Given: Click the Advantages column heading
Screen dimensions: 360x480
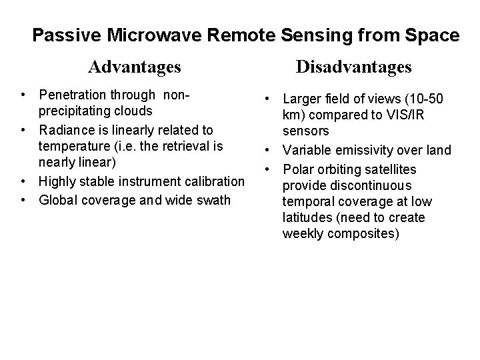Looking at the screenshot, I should [135, 67].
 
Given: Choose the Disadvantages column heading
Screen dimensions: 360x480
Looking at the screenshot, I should [353, 67].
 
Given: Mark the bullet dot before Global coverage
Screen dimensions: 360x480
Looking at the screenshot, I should [23, 199].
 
